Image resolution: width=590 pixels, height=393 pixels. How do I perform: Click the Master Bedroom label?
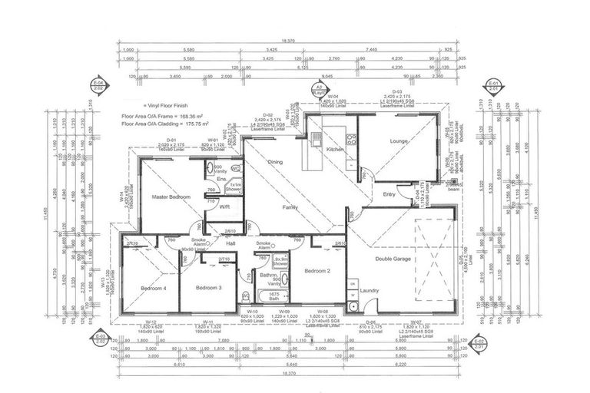click(x=170, y=197)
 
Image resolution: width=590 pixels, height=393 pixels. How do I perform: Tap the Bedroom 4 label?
click(x=153, y=288)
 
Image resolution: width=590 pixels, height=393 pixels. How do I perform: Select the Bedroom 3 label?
click(x=208, y=288)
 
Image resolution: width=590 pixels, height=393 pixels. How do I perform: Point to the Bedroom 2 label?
click(x=317, y=271)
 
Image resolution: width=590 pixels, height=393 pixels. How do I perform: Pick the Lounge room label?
click(x=399, y=142)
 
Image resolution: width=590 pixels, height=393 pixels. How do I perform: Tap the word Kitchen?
click(x=334, y=148)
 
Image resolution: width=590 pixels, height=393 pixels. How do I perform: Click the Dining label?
click(x=275, y=162)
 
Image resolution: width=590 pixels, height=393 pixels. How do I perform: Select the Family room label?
click(x=290, y=207)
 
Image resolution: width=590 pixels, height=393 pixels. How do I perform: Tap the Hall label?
click(x=230, y=243)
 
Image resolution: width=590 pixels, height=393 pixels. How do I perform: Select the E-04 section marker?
click(x=98, y=85)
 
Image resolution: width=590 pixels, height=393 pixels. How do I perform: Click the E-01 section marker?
click(x=492, y=85)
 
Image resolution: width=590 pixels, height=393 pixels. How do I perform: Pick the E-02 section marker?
click(x=480, y=342)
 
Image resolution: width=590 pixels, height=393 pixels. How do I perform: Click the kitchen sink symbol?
click(x=316, y=139)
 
